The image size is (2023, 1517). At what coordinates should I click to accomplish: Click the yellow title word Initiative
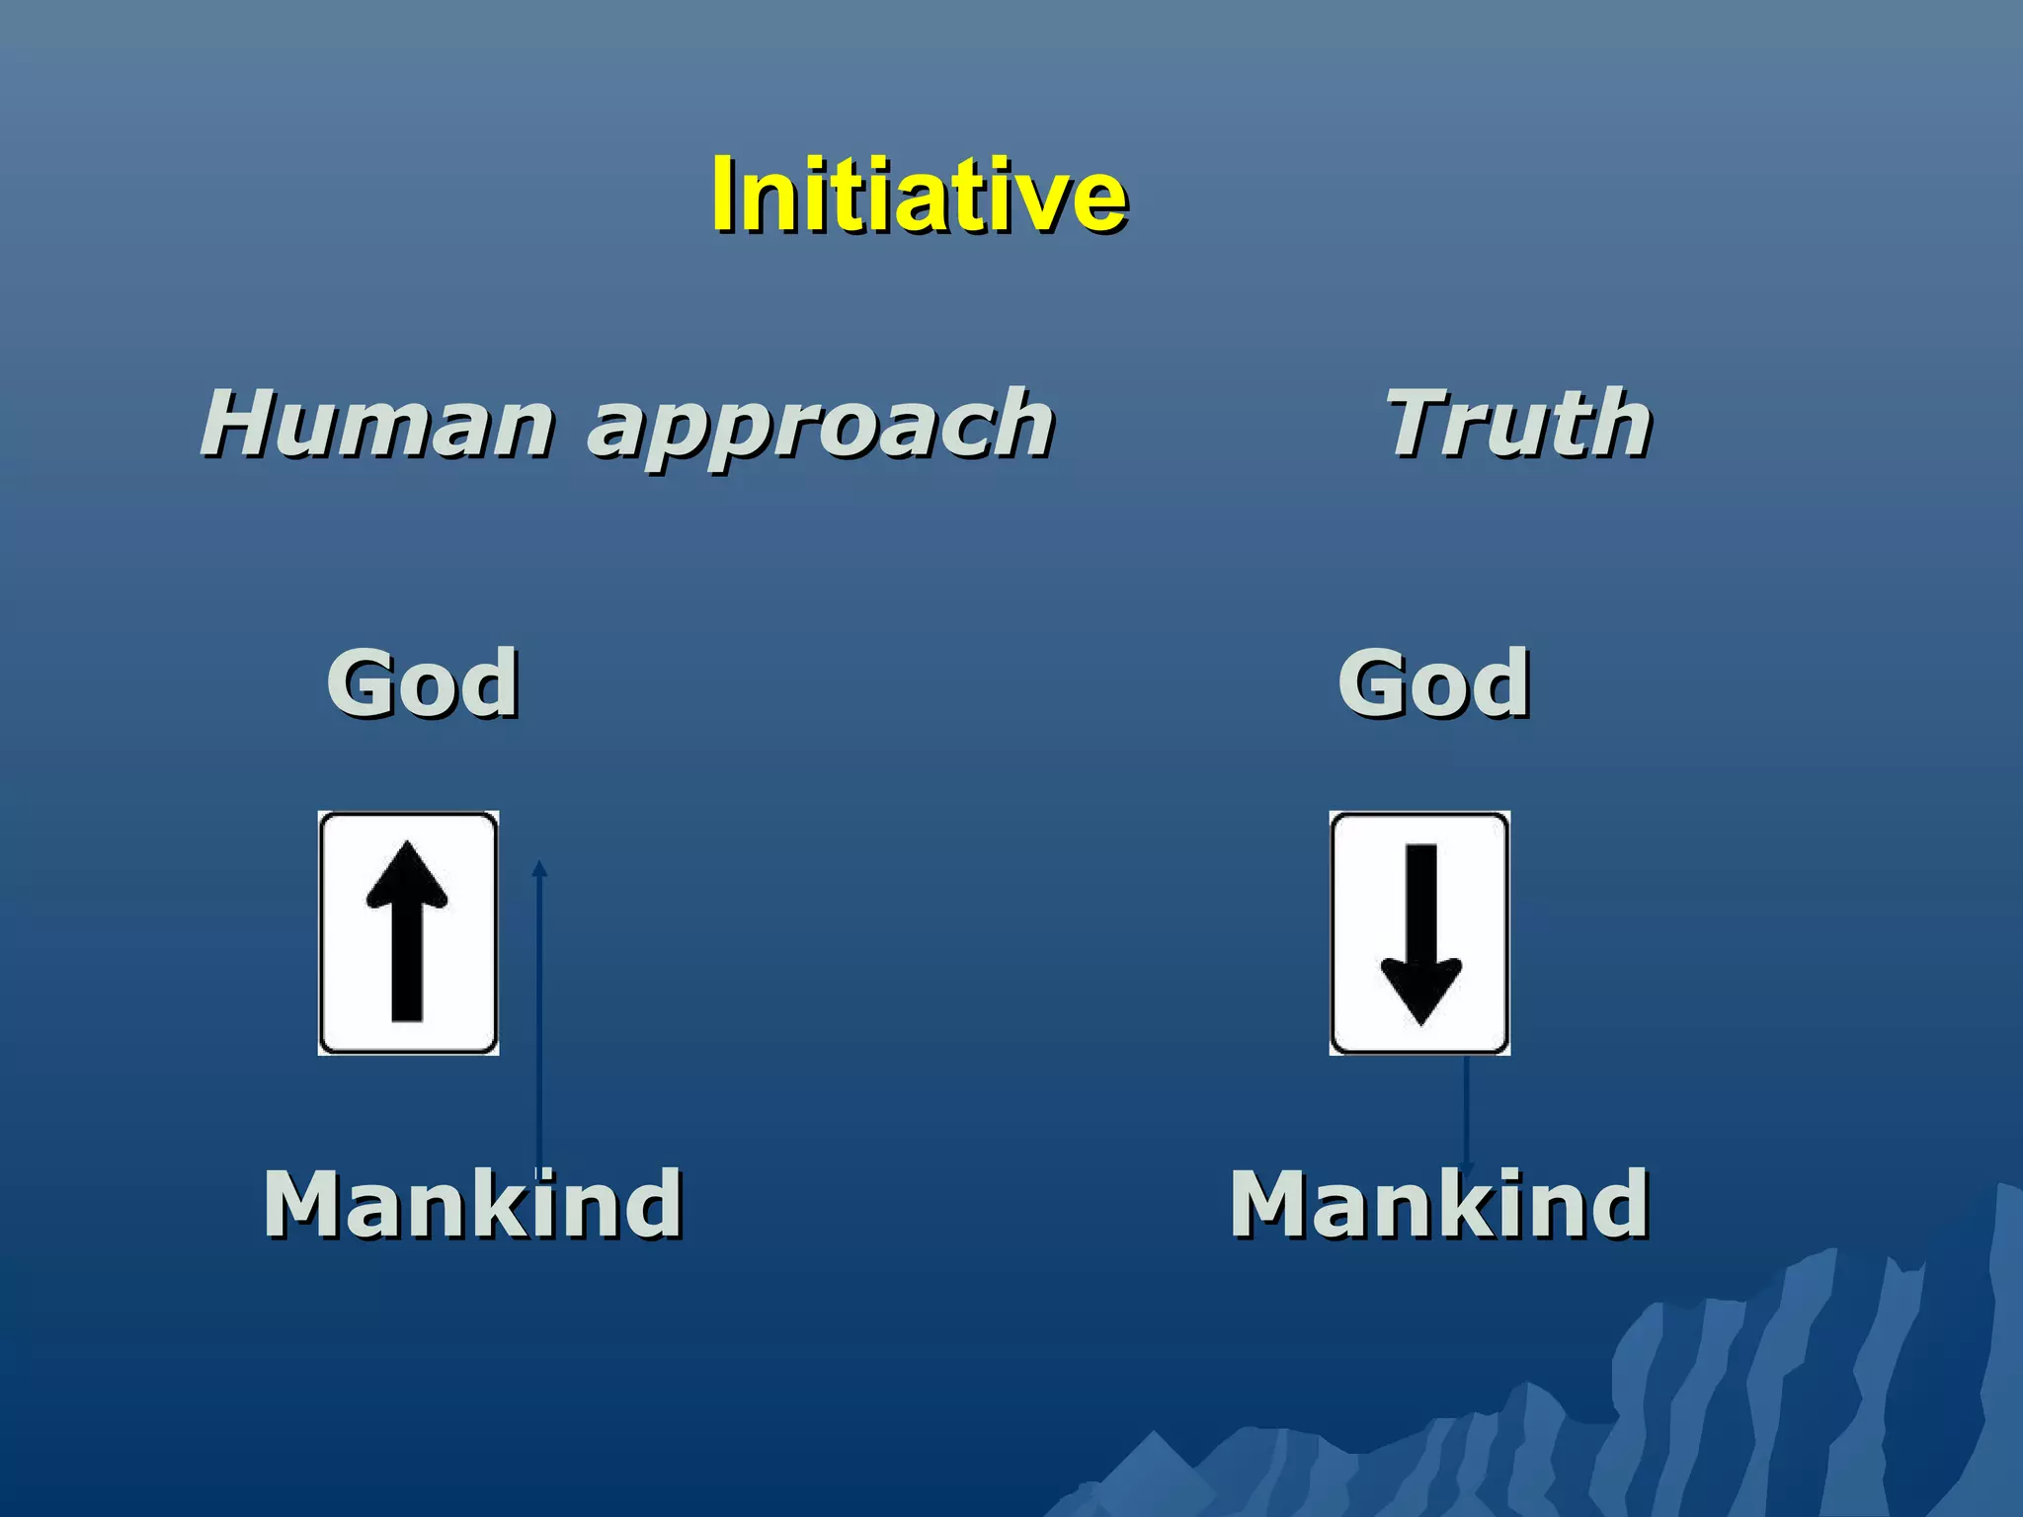point(919,195)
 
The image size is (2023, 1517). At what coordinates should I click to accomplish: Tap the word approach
point(821,427)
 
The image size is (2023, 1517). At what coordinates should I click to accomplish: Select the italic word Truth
point(1518,424)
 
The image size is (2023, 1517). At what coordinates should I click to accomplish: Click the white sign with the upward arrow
point(408,933)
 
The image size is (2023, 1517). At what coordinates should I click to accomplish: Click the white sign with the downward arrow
point(1419,933)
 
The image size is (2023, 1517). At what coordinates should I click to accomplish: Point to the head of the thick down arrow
point(1420,991)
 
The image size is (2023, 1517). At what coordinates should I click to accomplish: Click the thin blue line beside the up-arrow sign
point(539,1017)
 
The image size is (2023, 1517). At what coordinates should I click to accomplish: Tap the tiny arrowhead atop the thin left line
point(539,868)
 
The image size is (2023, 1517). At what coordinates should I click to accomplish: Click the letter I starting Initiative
point(725,195)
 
